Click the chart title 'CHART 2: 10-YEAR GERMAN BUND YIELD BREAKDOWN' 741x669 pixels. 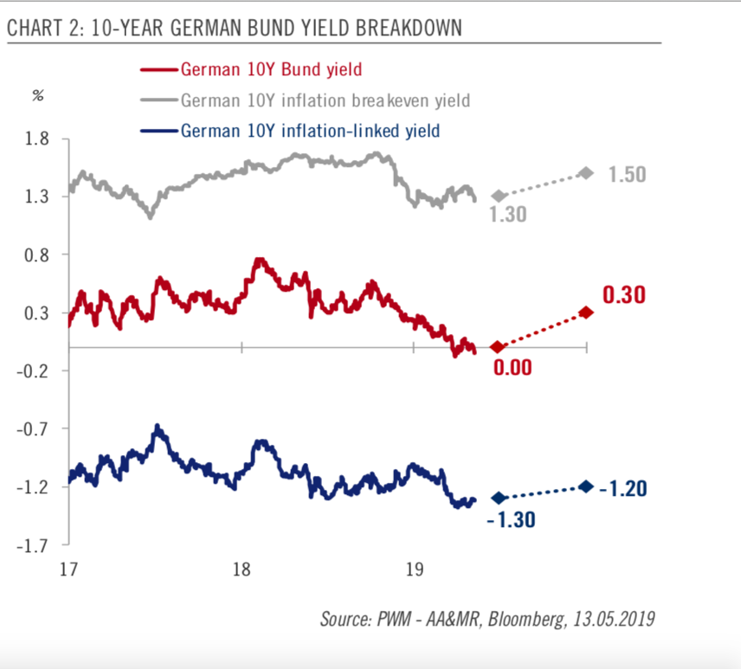click(234, 29)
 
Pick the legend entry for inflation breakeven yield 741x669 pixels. click(325, 100)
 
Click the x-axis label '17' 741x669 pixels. click(68, 569)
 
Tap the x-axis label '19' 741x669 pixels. click(414, 569)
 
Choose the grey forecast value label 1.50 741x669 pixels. click(628, 175)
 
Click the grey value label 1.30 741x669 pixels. click(510, 214)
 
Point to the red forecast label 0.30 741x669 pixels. click(625, 295)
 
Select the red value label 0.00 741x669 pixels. click(512, 367)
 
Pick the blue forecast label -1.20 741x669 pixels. click(625, 488)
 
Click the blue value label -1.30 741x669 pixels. click(509, 519)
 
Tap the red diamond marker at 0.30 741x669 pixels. click(586, 312)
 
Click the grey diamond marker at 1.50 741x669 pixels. click(586, 173)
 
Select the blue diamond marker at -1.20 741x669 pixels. click(586, 486)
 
